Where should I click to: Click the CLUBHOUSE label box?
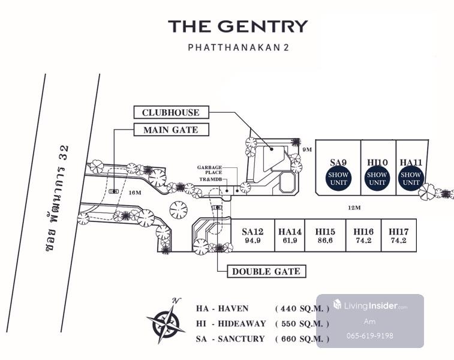(171, 112)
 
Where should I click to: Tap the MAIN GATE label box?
(170, 130)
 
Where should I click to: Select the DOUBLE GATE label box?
(266, 271)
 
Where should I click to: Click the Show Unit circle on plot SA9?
(338, 178)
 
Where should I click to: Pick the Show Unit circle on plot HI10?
(377, 178)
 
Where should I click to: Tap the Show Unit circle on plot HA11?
(411, 178)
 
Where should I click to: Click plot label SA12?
(252, 232)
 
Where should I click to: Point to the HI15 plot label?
(326, 232)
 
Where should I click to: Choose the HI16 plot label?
(363, 231)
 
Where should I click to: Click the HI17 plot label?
(399, 231)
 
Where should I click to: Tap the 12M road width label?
(354, 208)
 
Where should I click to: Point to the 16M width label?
(134, 193)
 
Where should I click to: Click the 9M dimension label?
(308, 150)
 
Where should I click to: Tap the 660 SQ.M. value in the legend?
(302, 338)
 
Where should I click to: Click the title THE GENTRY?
(237, 26)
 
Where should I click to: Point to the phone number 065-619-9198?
(370, 335)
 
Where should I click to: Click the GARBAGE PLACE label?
(210, 170)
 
